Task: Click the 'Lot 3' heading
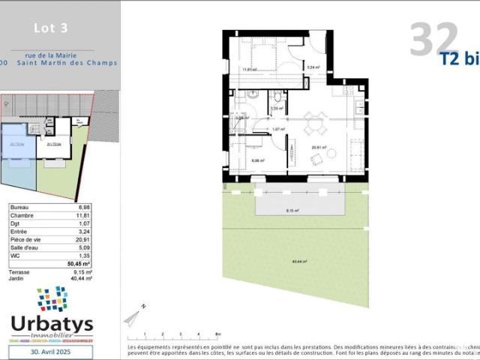[51, 28]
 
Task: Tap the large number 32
[434, 38]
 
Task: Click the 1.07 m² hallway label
[278, 129]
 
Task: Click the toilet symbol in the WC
[278, 95]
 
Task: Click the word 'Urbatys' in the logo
[52, 324]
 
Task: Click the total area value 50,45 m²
[79, 264]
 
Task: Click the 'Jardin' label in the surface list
[19, 278]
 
